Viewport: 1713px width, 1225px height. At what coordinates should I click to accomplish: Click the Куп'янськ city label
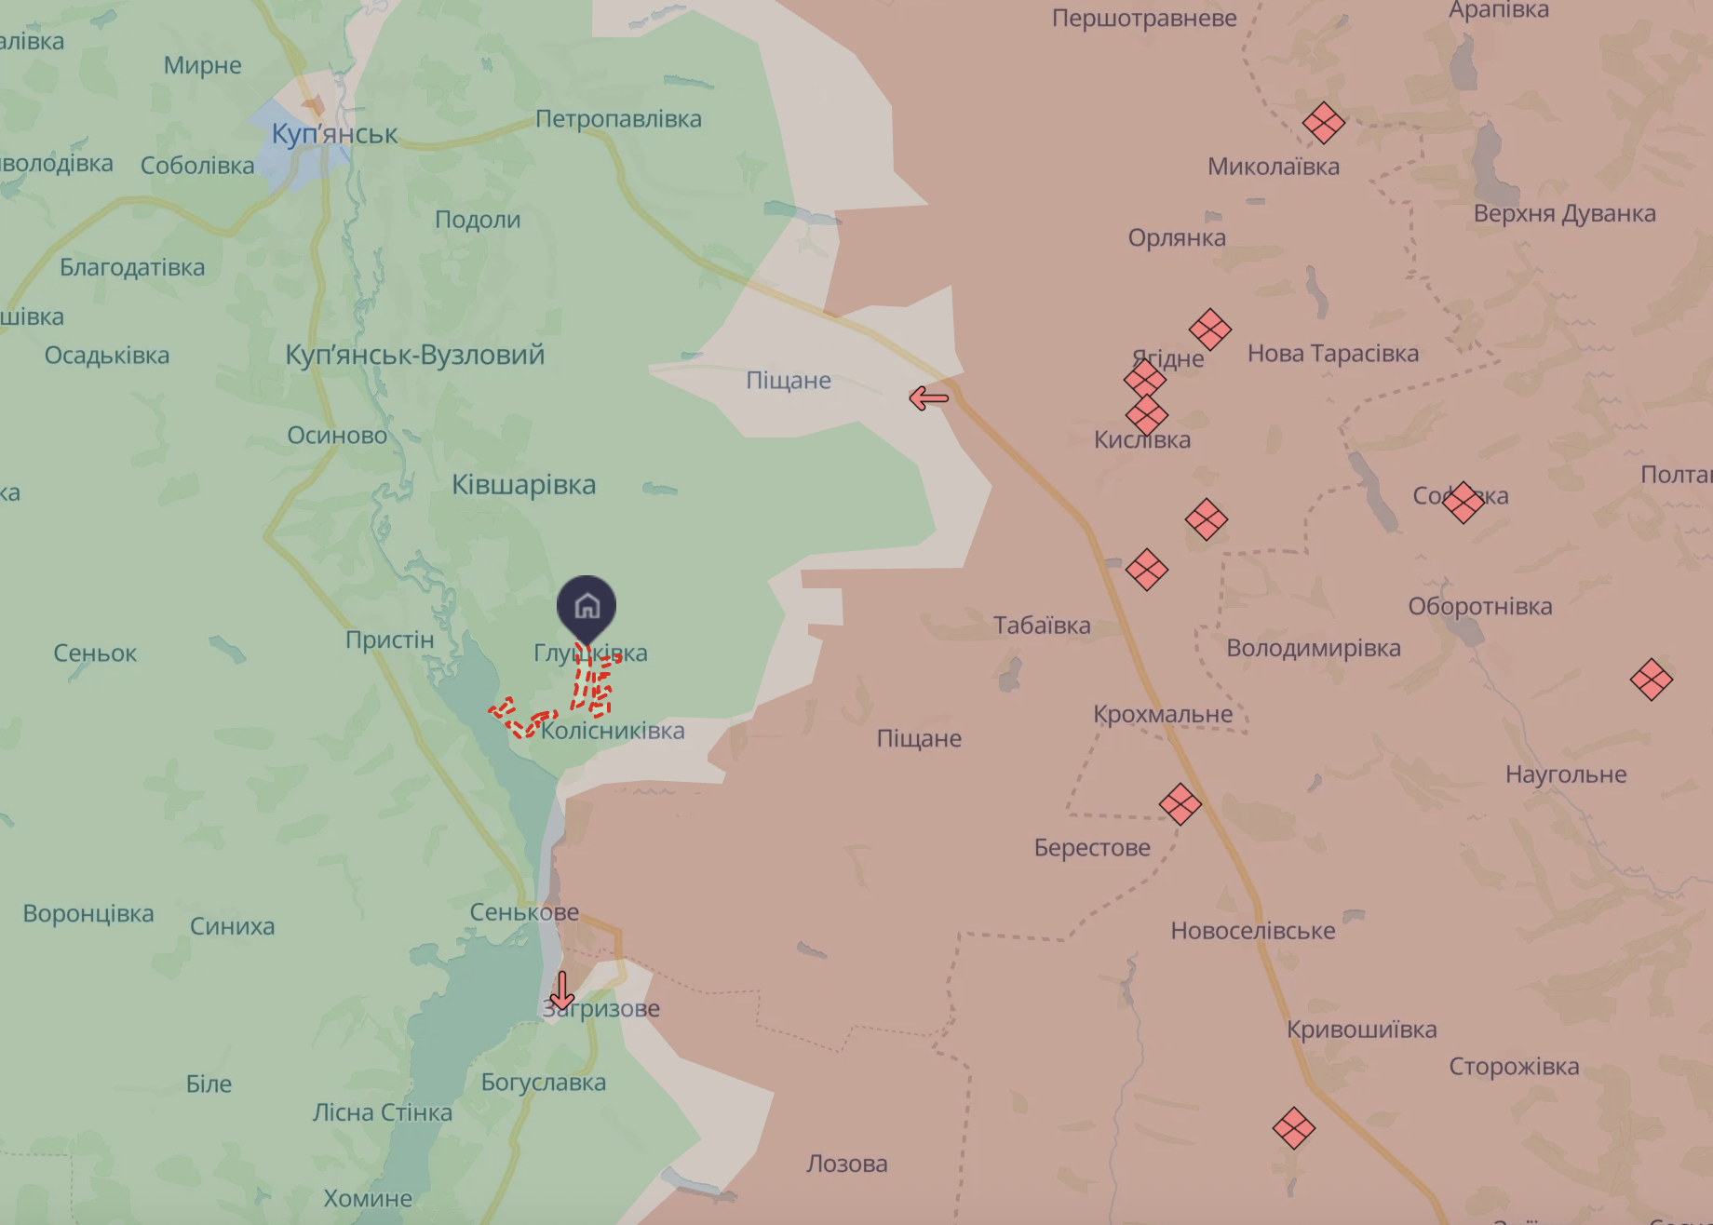(334, 134)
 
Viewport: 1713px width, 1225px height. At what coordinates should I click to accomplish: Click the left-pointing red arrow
(928, 398)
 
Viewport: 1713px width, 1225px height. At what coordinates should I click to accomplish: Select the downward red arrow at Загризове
(561, 990)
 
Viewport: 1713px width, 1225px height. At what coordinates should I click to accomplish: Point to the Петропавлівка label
(618, 119)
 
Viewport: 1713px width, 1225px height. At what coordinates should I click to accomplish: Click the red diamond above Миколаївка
(1323, 122)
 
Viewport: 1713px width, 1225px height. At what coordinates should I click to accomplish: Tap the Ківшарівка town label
(523, 485)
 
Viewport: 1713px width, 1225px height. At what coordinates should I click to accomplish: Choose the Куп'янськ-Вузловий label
(414, 355)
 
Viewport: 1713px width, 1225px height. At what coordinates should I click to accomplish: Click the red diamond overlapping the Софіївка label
(1463, 502)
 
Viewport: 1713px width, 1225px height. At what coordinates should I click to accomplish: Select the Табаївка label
(1041, 626)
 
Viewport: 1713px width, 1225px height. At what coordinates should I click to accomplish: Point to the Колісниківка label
(613, 731)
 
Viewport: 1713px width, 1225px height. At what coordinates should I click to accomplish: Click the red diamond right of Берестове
(1180, 804)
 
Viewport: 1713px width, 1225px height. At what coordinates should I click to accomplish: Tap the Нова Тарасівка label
(1332, 354)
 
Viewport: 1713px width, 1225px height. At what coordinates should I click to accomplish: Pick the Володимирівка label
(1313, 648)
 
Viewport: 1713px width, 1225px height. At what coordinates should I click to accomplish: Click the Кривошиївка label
(1361, 1030)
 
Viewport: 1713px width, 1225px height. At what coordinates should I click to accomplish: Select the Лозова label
(846, 1164)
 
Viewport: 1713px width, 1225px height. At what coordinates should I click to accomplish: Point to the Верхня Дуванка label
(1564, 213)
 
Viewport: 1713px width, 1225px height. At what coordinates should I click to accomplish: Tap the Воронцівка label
(88, 913)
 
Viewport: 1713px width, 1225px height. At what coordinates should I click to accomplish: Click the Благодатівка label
(132, 267)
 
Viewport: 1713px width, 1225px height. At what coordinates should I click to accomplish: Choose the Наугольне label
(1566, 774)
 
